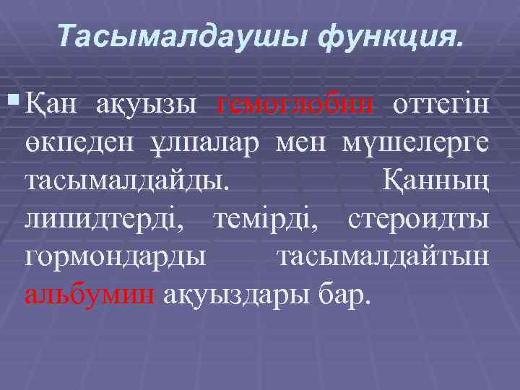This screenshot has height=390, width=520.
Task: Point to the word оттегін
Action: point(441,106)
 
